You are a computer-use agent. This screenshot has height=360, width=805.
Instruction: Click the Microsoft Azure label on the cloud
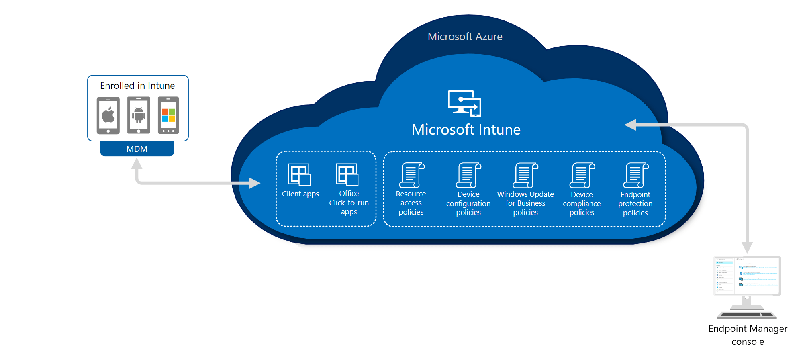coord(465,37)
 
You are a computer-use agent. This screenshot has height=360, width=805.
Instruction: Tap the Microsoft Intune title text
coord(466,129)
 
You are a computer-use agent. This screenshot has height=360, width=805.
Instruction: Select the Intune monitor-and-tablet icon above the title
coord(464,103)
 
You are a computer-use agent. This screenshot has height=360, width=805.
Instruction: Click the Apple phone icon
coord(108,115)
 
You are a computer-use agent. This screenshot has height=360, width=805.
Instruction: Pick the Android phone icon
coord(139,115)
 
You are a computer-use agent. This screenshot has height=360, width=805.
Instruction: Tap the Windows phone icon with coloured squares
coord(168,115)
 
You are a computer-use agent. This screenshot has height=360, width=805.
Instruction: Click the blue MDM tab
coord(137,149)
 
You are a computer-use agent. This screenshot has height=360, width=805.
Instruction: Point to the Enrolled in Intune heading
coord(137,86)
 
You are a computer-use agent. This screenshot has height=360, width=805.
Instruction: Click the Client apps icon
coord(300,174)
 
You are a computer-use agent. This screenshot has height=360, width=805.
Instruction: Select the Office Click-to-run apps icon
coord(347,174)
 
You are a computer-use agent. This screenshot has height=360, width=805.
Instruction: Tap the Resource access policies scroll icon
coord(411,175)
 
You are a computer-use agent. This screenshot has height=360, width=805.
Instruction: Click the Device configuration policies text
coord(468,203)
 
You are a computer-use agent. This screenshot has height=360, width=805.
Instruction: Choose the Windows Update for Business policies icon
coord(525,175)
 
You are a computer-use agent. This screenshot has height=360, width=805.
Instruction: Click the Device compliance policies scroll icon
coord(582,175)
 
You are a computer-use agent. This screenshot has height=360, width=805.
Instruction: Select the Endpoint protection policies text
coord(635,204)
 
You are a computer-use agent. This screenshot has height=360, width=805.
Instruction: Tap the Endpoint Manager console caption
coord(748,335)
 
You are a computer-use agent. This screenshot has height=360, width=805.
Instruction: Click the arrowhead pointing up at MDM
coord(137,164)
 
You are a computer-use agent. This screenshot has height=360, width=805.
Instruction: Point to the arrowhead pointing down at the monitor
coord(747,247)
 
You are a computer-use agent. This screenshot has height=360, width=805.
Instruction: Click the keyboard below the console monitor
coord(747,315)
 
